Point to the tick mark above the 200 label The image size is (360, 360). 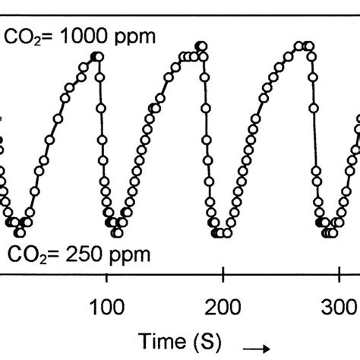(222, 275)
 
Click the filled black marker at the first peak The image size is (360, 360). (96, 56)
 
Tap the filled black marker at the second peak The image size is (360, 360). (200, 46)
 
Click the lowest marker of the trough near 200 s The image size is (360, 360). (219, 232)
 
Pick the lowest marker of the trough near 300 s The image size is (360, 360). (328, 232)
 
